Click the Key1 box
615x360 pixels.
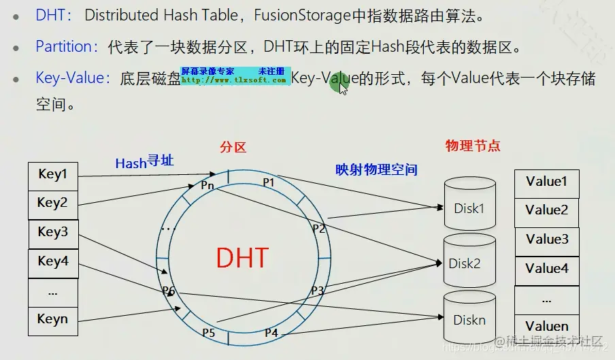tap(52, 175)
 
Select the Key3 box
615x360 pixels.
tap(52, 233)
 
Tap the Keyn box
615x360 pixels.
tap(52, 319)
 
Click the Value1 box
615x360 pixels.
tap(546, 182)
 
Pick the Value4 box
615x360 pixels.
tap(546, 269)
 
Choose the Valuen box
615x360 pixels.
tap(546, 326)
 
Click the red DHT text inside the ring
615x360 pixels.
tap(242, 259)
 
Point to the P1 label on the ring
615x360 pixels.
tap(269, 182)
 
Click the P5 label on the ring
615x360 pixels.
tap(208, 333)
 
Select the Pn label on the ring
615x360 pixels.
tap(207, 184)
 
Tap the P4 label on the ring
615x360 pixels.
tap(271, 333)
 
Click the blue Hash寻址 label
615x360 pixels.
tap(144, 162)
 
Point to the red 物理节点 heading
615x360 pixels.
tap(472, 146)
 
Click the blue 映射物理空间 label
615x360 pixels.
tap(376, 170)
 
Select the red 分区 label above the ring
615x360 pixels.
tap(233, 147)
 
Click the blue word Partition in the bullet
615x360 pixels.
tap(63, 47)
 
